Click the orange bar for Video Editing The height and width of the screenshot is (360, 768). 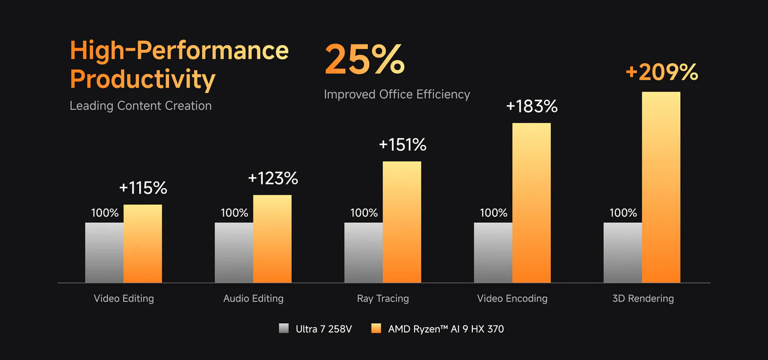(x=143, y=244)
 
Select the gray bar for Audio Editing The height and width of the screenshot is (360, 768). (x=234, y=252)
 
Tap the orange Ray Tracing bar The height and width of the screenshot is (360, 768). (x=402, y=222)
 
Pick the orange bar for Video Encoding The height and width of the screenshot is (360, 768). (x=532, y=203)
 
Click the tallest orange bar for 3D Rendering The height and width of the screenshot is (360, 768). (x=661, y=187)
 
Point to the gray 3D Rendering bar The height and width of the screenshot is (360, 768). (x=623, y=252)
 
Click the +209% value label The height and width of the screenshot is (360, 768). (x=662, y=72)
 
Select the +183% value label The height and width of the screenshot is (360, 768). (x=532, y=106)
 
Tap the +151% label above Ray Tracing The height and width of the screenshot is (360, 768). (x=402, y=144)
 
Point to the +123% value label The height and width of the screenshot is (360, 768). (x=273, y=178)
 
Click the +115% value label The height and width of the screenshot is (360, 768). (x=143, y=188)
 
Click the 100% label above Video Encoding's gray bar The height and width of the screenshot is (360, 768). (x=493, y=213)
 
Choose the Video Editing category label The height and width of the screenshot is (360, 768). (x=123, y=299)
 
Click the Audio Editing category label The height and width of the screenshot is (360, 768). (x=253, y=299)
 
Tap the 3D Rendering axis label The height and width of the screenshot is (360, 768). (x=643, y=299)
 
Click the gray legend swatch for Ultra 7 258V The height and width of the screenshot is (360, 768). (x=284, y=329)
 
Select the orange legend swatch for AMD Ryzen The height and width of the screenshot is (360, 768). (x=376, y=329)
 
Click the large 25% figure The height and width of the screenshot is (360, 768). (x=364, y=60)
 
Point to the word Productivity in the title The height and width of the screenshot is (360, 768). (x=143, y=79)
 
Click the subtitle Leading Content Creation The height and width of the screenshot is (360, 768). (x=140, y=106)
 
